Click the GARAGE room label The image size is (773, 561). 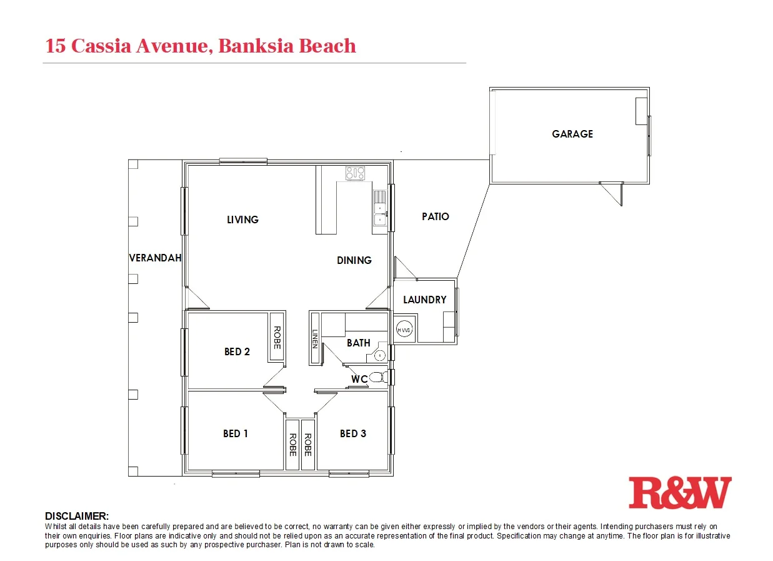[572, 134]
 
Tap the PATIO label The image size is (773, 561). [436, 216]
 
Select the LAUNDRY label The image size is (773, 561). [424, 300]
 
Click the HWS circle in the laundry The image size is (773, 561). [404, 330]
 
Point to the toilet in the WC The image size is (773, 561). [376, 377]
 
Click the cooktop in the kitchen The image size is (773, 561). [355, 173]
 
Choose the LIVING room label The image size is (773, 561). [242, 220]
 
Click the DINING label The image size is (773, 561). [354, 260]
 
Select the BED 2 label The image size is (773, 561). [237, 352]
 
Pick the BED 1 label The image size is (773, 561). [236, 433]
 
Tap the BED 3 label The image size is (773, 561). [353, 433]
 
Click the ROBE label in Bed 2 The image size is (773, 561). [277, 338]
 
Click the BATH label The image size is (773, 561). [359, 343]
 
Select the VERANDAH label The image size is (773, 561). [155, 258]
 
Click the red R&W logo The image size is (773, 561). [680, 492]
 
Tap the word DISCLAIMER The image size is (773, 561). [77, 516]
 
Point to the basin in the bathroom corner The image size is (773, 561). [379, 355]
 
